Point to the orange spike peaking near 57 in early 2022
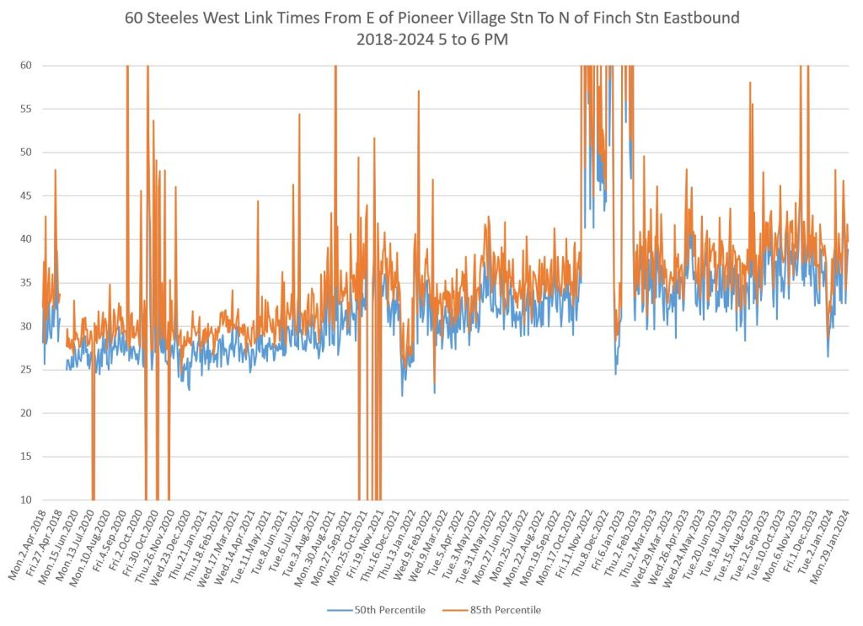coord(418,93)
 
